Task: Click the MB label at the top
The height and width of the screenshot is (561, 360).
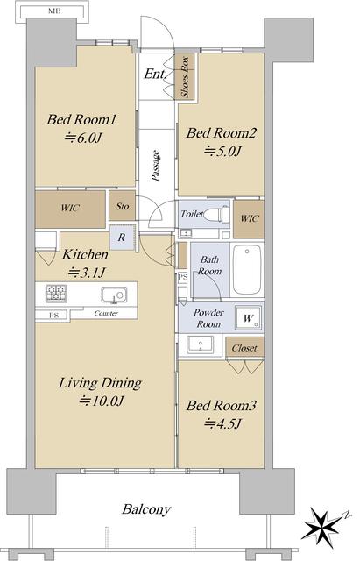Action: coord(54,11)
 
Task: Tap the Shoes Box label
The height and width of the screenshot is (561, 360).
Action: coord(185,76)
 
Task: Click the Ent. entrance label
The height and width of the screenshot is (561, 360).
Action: coord(155,74)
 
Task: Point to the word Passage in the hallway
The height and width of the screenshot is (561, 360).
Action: coord(156,166)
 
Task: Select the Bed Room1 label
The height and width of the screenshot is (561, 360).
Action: coord(81,119)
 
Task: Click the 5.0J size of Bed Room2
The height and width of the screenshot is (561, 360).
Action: coord(222,152)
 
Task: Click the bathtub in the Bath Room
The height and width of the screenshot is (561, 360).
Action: coord(247,269)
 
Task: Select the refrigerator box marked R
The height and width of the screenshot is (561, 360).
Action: coord(122,237)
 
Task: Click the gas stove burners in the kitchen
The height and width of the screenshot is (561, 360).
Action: coord(56,294)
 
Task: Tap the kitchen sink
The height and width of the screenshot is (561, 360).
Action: coord(114,295)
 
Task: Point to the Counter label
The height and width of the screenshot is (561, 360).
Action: coord(106,313)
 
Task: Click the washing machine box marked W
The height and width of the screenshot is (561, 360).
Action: coord(249,317)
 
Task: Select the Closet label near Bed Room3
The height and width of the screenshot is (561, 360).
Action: coord(244,348)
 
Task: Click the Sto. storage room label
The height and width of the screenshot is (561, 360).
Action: coord(124,206)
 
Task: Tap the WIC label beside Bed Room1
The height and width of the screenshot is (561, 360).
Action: coord(70,208)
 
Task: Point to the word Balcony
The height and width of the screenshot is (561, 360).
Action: coord(146,509)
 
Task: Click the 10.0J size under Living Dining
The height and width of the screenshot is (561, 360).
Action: coord(102,401)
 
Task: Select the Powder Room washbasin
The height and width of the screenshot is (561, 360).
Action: coord(201,344)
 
